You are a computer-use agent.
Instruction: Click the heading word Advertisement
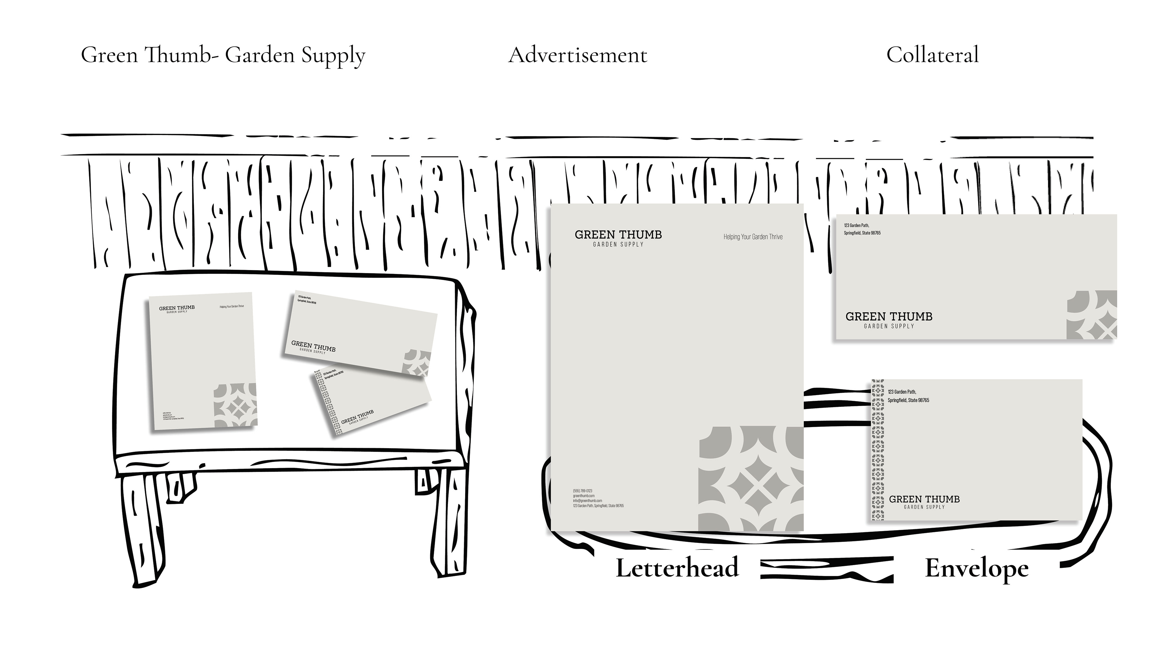point(578,55)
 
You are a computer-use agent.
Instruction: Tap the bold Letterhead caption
point(677,568)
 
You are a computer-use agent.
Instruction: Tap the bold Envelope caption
point(977,568)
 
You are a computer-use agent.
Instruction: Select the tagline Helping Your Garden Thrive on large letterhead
point(753,237)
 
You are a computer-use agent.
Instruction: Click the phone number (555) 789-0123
point(583,491)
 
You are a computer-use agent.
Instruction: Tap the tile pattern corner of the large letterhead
point(750,479)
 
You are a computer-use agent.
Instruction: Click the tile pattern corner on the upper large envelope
point(1091,314)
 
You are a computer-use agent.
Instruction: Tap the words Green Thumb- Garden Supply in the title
point(223,55)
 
